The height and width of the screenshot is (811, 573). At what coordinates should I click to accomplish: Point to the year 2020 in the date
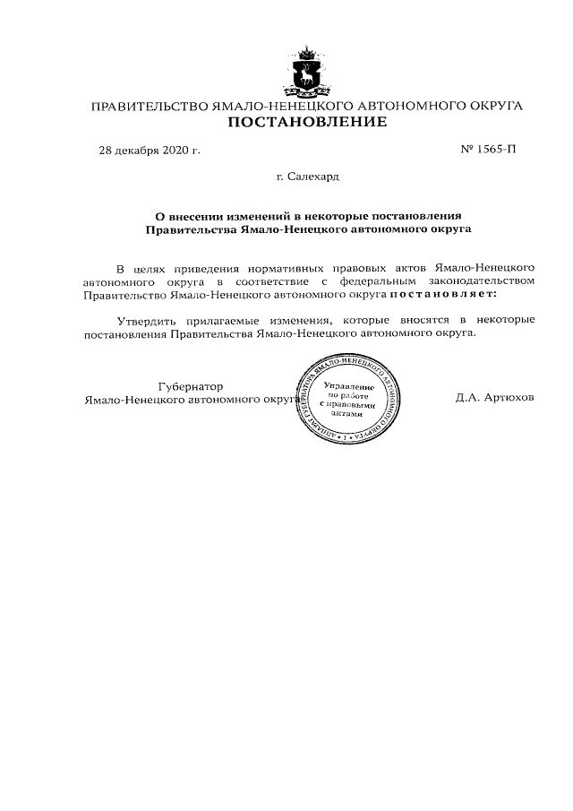[177, 151]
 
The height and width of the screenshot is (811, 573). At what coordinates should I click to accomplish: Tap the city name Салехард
[314, 177]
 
